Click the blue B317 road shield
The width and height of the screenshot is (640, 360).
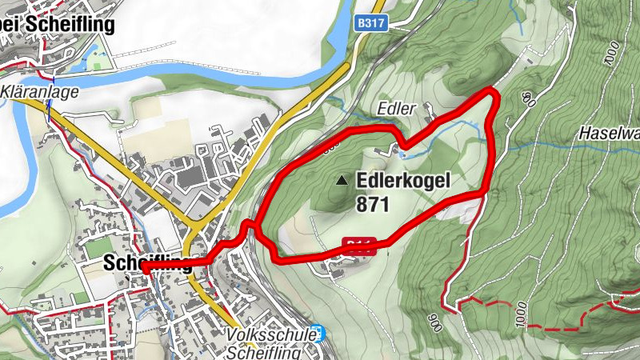(372, 25)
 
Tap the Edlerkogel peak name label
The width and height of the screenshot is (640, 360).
(406, 182)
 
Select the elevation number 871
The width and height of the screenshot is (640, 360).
(374, 205)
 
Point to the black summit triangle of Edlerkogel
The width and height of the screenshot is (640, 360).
(342, 181)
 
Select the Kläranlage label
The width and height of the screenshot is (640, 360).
(39, 92)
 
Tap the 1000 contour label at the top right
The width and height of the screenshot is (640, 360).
(613, 54)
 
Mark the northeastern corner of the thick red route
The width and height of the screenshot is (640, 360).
(493, 94)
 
